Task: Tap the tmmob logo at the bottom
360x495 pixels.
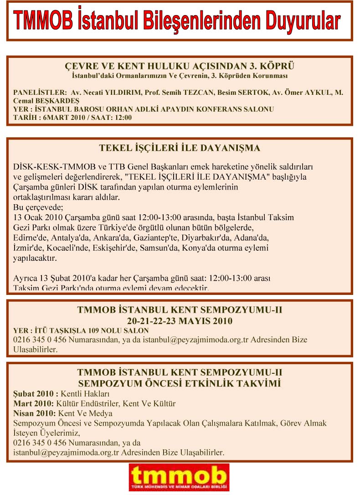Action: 179,477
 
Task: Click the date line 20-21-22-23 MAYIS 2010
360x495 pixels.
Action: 180,320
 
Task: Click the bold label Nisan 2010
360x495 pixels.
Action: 34,413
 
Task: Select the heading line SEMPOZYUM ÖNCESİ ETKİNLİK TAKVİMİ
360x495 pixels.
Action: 180,383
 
